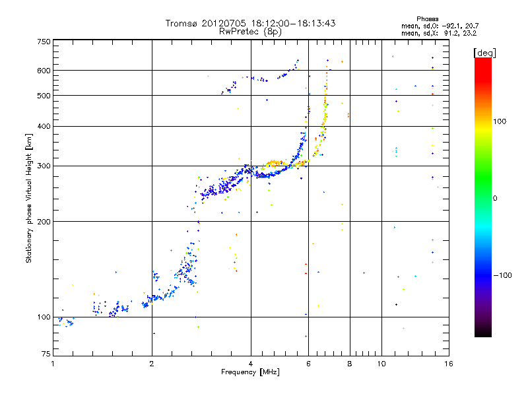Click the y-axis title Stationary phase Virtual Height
pyautogui.click(x=29, y=198)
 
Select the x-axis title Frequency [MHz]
pyautogui.click(x=250, y=373)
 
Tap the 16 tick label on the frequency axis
pyautogui.click(x=448, y=364)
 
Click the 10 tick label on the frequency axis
pyautogui.click(x=381, y=364)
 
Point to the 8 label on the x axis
pyautogui.click(x=350, y=364)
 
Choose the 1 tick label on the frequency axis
pyautogui.click(x=53, y=364)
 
